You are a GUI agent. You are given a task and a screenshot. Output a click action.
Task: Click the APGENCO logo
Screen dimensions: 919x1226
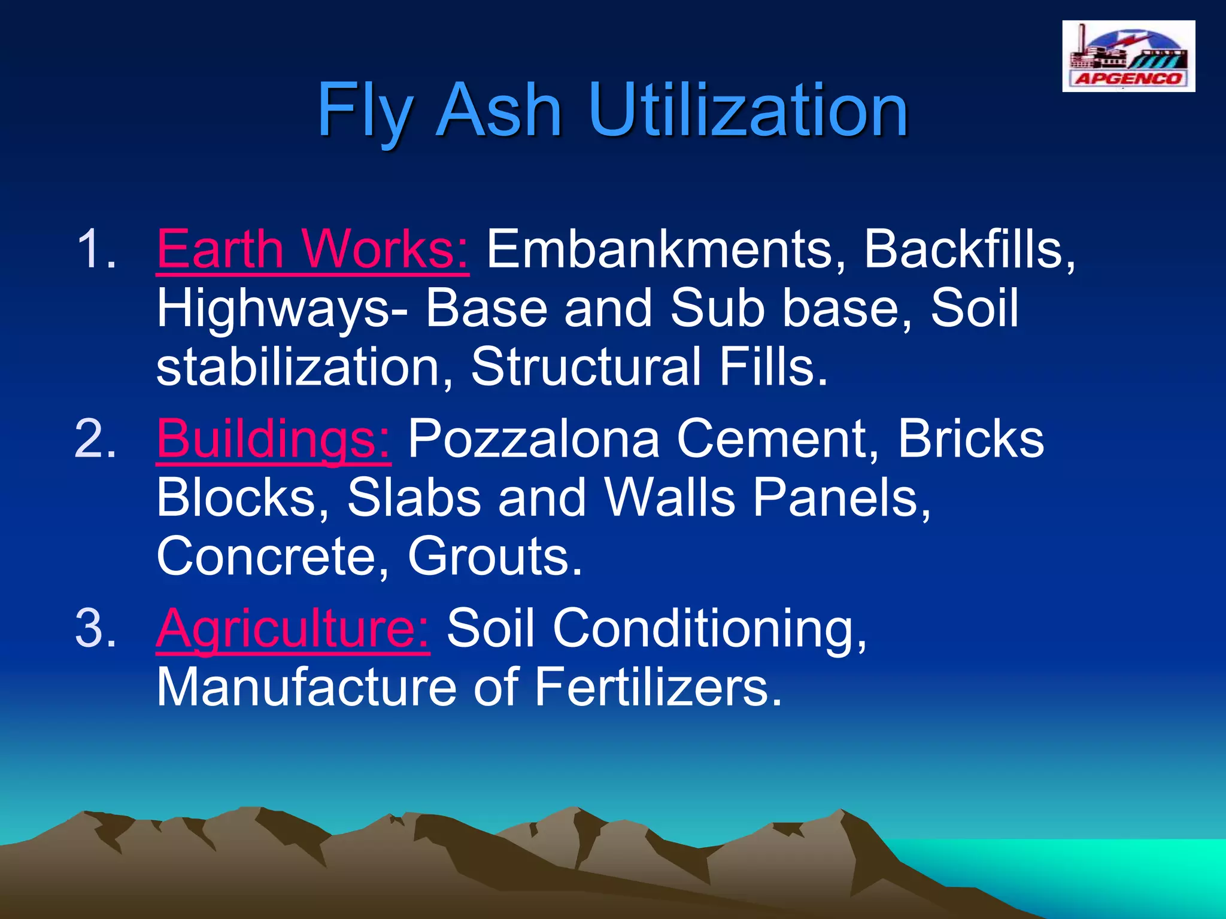pyautogui.click(x=1128, y=56)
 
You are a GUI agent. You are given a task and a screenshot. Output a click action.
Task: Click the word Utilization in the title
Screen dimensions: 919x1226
pyautogui.click(x=748, y=111)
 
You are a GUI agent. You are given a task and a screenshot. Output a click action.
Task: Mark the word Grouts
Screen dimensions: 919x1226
pyautogui.click(x=494, y=556)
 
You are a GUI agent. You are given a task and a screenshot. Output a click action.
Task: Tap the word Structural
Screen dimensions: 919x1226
pyautogui.click(x=586, y=366)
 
